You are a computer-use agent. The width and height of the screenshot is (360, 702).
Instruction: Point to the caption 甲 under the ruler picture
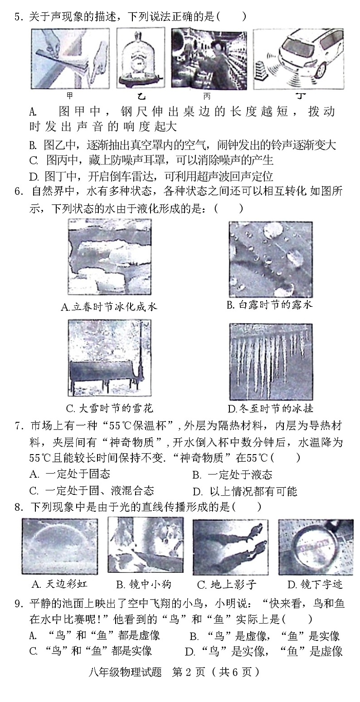point(69,96)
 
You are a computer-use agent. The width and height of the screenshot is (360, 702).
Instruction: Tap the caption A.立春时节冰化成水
point(108,306)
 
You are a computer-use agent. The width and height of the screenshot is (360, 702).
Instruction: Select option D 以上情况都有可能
point(245,491)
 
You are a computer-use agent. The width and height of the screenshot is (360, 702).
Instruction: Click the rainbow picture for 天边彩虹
point(59,546)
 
